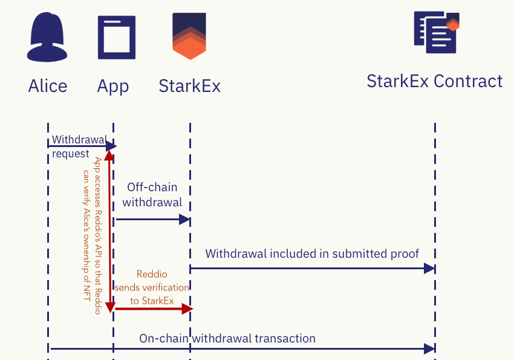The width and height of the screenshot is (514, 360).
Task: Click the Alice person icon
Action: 47,38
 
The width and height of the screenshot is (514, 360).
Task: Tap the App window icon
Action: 116,38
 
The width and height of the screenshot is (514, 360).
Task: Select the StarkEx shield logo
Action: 189,36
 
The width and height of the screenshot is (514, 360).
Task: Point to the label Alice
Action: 48,86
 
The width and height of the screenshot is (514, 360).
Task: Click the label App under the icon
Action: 113,86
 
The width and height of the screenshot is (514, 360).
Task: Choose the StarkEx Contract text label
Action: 434,81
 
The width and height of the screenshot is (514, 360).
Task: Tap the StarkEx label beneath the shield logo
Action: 189,86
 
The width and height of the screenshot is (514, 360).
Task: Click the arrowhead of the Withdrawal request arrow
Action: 111,146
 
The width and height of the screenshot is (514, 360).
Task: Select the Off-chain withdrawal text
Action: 152,195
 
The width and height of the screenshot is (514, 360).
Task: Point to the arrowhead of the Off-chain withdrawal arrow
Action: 185,220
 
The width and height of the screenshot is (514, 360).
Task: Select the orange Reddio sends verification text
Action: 152,287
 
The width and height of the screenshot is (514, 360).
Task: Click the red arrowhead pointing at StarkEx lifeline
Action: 187,309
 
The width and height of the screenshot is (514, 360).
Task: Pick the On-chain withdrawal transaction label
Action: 227,338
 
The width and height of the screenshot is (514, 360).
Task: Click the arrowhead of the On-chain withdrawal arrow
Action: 429,349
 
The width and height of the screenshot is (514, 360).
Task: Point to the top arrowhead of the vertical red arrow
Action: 109,156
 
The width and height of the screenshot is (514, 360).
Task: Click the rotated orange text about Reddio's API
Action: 92,233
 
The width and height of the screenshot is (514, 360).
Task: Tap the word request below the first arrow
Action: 71,154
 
